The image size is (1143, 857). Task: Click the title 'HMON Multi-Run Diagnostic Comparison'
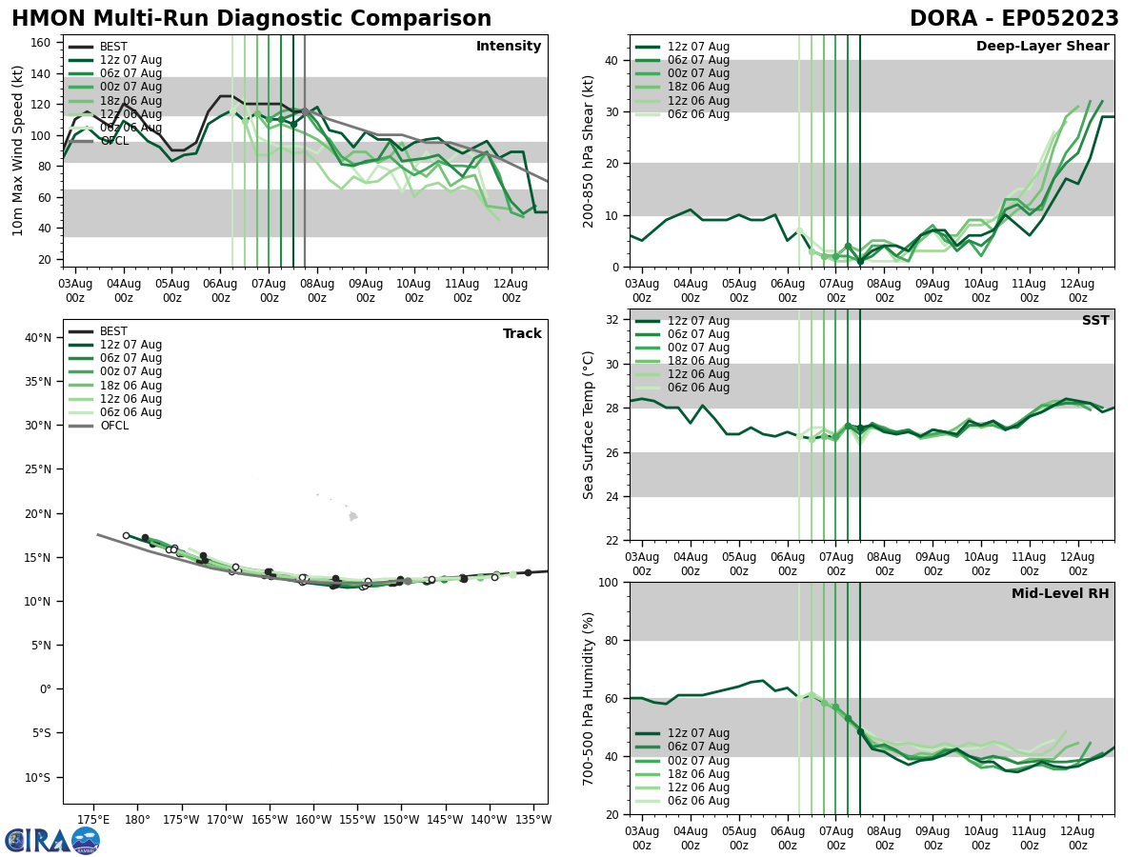tap(251, 19)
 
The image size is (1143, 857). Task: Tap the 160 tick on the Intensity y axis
tap(44, 42)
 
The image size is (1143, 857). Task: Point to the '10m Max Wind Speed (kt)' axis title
tap(18, 150)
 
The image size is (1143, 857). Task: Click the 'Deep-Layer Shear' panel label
tap(1042, 47)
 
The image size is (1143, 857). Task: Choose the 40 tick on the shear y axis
tap(612, 61)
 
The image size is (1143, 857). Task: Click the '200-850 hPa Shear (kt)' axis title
tap(590, 150)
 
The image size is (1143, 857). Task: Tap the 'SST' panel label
tap(1094, 321)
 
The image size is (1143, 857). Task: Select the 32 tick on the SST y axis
tap(612, 320)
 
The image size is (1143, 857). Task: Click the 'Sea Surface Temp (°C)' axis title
tap(590, 425)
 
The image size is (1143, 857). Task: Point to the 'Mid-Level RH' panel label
tap(1059, 594)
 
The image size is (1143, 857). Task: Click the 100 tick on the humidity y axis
tap(608, 583)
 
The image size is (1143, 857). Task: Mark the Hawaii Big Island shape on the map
tap(353, 516)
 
